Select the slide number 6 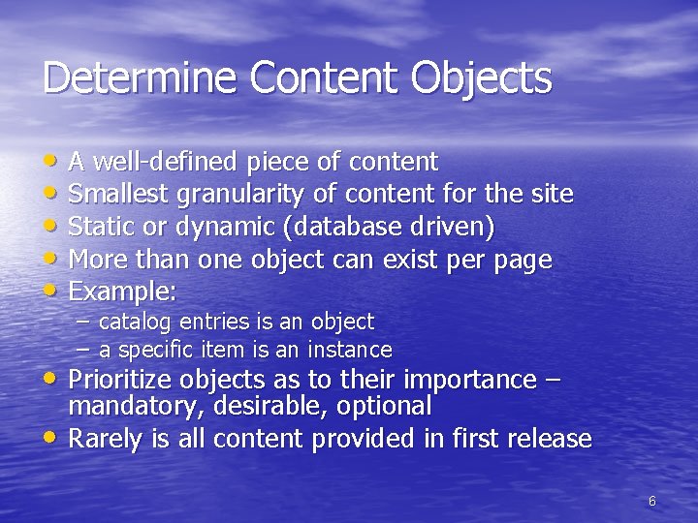coord(651,501)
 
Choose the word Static coord(102,227)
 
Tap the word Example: coord(122,292)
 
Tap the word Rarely coord(108,439)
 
